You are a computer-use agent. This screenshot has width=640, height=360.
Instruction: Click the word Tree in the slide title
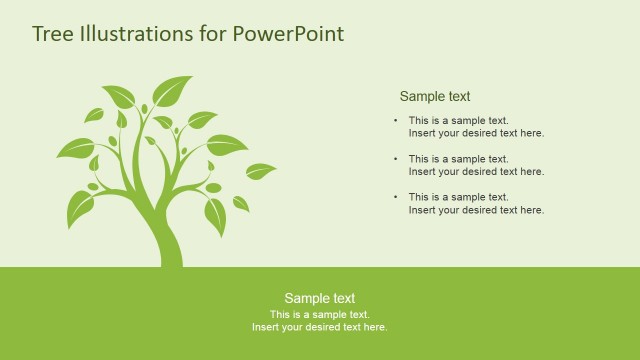tap(50, 34)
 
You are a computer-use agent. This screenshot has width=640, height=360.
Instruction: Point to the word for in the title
tap(212, 34)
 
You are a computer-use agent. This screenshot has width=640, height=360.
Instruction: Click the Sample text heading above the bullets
tap(435, 97)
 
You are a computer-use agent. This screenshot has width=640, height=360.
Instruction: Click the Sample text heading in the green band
tap(319, 298)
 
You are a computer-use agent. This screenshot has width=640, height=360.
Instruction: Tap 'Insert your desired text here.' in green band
tap(319, 327)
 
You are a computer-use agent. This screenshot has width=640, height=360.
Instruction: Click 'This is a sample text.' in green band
tap(319, 314)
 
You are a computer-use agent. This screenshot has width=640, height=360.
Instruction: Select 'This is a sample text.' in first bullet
tap(458, 121)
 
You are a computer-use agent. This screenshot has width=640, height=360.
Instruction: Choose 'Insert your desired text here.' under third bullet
tap(476, 210)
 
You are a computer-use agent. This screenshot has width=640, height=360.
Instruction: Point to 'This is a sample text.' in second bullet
tap(458, 159)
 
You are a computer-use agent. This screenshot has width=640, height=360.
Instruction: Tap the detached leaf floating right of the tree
tap(260, 171)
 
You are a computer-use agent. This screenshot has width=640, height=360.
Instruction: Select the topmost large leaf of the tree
tap(171, 91)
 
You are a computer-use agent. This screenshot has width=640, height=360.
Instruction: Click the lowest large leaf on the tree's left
tap(79, 208)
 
